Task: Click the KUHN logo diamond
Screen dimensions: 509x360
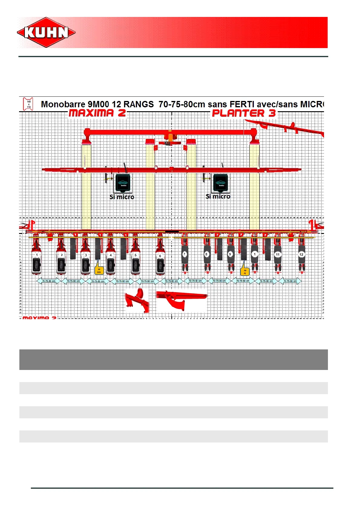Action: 46,32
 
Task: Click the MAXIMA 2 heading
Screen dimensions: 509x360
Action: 97,113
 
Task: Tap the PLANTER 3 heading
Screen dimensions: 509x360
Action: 244,113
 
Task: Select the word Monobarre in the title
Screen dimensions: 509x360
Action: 63,104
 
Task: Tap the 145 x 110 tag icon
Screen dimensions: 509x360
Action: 28,104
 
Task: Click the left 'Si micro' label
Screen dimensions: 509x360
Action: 122,197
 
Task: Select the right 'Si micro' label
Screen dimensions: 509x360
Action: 218,196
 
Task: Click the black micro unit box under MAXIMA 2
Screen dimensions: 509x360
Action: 123,183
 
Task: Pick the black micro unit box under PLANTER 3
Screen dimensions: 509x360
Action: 221,183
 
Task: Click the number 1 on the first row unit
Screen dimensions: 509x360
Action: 37,255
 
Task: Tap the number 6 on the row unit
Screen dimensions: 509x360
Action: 160,256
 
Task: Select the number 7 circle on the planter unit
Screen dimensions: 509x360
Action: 184,254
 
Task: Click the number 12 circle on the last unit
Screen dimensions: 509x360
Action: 301,254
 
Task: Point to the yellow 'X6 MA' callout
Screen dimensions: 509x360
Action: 99,271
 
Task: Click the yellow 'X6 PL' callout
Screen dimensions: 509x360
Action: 245,271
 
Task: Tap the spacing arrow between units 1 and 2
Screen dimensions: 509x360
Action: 49,281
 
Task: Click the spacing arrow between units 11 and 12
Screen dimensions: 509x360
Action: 290,281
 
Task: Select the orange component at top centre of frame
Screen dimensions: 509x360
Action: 170,138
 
